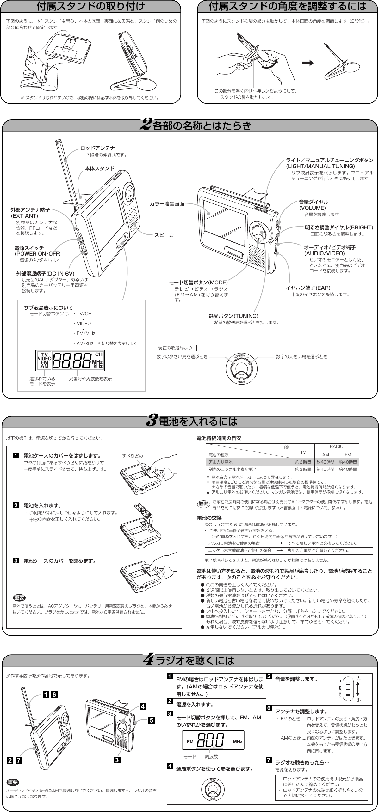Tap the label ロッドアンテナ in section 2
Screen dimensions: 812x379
point(97,148)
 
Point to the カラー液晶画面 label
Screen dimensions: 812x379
point(167,204)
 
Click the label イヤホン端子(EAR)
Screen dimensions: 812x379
point(308,288)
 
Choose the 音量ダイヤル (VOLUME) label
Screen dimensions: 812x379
point(314,205)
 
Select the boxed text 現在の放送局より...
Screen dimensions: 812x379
point(177,348)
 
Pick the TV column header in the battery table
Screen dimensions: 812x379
point(303,451)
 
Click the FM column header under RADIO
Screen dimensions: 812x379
point(348,455)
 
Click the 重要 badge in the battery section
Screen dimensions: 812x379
point(19,597)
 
